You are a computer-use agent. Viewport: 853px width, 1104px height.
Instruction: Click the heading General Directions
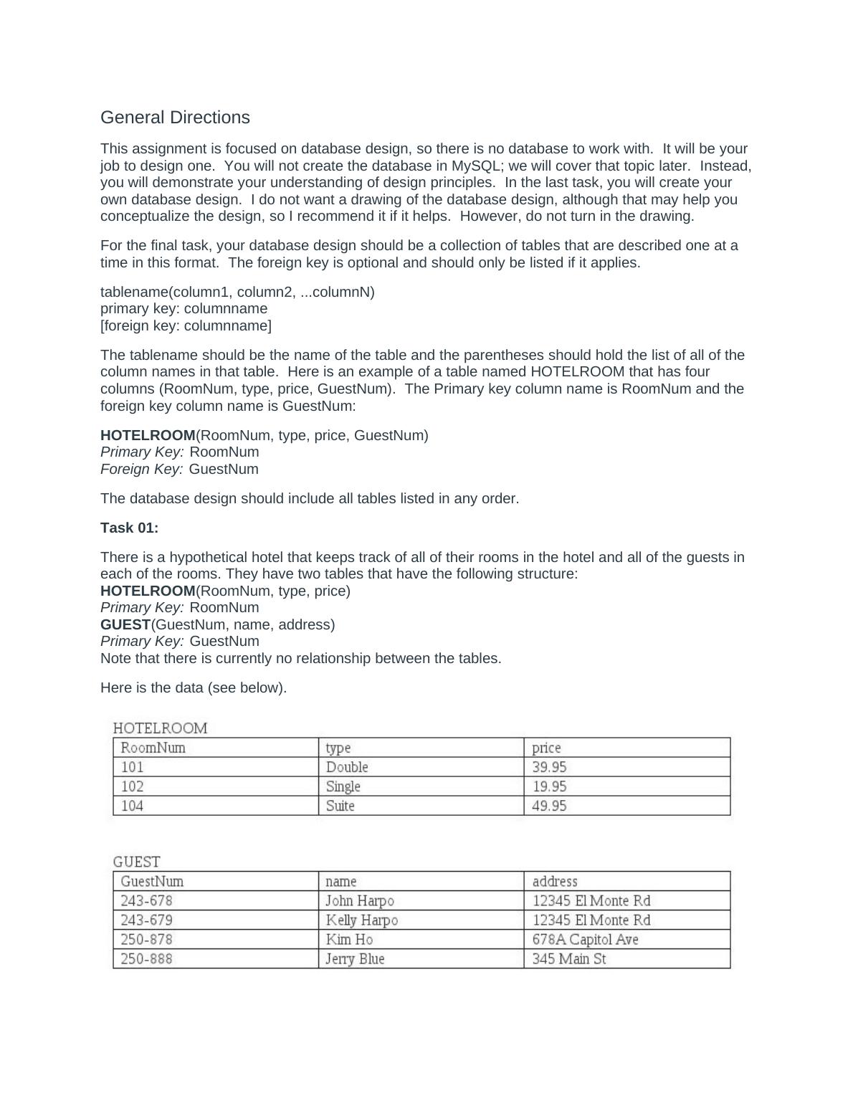tap(175, 118)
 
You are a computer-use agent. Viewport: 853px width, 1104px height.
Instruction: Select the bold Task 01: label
tap(129, 528)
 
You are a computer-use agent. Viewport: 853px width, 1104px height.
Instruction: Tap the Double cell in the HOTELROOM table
tap(347, 767)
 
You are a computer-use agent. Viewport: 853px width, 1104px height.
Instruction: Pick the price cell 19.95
tap(549, 786)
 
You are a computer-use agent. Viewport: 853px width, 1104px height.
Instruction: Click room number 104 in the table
tap(132, 806)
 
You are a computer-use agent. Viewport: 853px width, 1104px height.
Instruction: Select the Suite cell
tap(340, 806)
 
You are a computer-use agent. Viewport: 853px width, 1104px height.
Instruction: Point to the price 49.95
tap(549, 806)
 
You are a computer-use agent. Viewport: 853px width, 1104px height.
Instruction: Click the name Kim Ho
tap(349, 939)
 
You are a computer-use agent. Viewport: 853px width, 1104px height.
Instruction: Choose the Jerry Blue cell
tap(355, 958)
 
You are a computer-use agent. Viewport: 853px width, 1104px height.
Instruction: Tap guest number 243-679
tap(146, 920)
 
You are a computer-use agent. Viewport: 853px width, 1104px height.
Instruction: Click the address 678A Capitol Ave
tap(585, 939)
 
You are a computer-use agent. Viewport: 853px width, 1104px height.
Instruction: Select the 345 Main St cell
tap(569, 958)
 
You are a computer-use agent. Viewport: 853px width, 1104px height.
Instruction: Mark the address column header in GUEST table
tap(555, 881)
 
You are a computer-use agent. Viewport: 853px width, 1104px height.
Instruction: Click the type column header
tap(338, 748)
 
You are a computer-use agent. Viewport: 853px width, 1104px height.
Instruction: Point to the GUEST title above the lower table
tap(137, 862)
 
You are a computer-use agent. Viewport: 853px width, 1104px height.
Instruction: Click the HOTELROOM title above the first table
tap(160, 728)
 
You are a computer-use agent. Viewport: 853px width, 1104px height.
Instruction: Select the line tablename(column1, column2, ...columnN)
tap(237, 292)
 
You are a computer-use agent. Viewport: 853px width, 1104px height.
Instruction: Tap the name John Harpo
tap(360, 900)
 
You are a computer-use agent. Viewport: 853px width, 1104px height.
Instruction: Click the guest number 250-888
tap(146, 958)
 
